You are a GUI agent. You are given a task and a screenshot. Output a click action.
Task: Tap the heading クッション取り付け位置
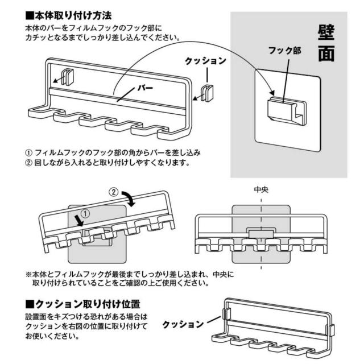(x=85, y=302)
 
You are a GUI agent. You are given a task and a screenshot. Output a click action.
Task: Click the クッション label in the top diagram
(x=205, y=60)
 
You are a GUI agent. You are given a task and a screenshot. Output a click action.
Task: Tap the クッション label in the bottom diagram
(x=183, y=324)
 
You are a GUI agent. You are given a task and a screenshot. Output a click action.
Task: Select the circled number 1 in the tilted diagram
(x=86, y=214)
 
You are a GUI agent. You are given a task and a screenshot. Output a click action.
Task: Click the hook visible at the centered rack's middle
(x=260, y=232)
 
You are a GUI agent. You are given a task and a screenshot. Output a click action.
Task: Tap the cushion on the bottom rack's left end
(x=226, y=315)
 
